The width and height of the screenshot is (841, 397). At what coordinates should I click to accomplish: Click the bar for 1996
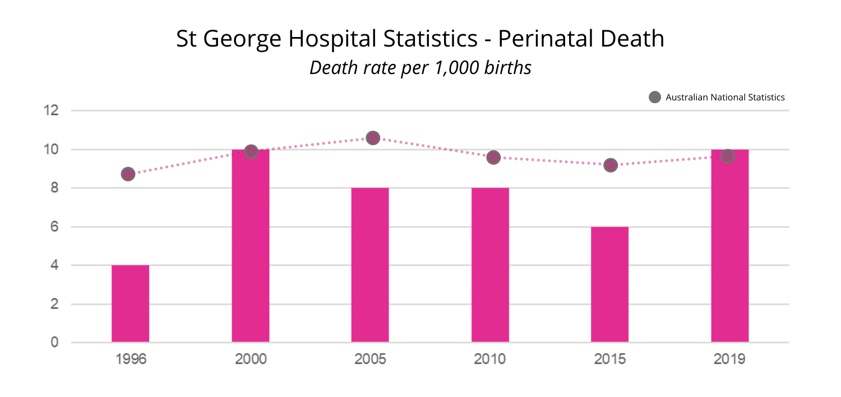pyautogui.click(x=130, y=303)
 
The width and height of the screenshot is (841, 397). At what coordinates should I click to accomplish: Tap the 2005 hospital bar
pyautogui.click(x=370, y=265)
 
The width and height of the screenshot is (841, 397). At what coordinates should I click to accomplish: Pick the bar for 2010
pyautogui.click(x=490, y=265)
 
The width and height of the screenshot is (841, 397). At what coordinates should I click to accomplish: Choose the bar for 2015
pyautogui.click(x=609, y=284)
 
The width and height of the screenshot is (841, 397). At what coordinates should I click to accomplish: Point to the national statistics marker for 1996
pyautogui.click(x=128, y=174)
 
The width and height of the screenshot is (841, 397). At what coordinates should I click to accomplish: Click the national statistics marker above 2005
pyautogui.click(x=373, y=138)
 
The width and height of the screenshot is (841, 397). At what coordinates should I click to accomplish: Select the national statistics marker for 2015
pyautogui.click(x=611, y=165)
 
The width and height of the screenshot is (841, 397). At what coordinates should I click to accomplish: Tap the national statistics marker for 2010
pyautogui.click(x=493, y=158)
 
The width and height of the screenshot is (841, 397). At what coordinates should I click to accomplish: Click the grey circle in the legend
pyautogui.click(x=654, y=98)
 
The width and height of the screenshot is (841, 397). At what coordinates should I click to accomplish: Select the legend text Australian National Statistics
pyautogui.click(x=725, y=98)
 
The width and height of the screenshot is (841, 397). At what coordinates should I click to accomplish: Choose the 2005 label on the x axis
pyautogui.click(x=370, y=359)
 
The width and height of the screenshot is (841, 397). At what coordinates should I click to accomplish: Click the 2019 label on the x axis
pyautogui.click(x=729, y=359)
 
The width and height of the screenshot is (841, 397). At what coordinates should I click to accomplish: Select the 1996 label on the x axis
pyautogui.click(x=131, y=359)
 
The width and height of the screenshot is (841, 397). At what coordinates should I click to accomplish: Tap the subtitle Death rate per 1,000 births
pyautogui.click(x=420, y=68)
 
